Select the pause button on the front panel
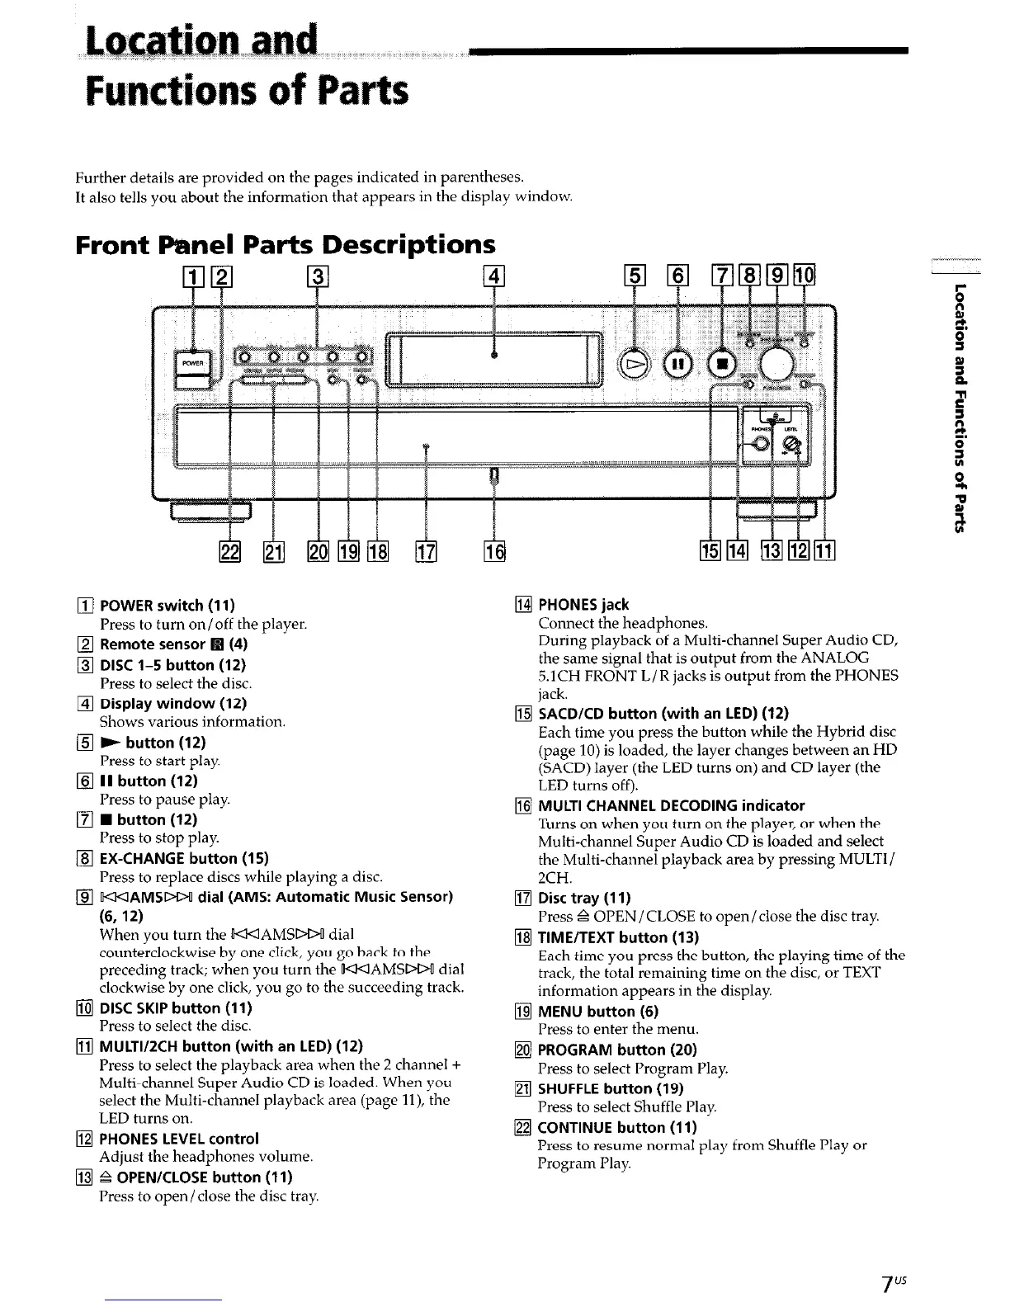click(x=677, y=363)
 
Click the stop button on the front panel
click(x=720, y=363)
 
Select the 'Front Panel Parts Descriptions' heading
click(x=286, y=244)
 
